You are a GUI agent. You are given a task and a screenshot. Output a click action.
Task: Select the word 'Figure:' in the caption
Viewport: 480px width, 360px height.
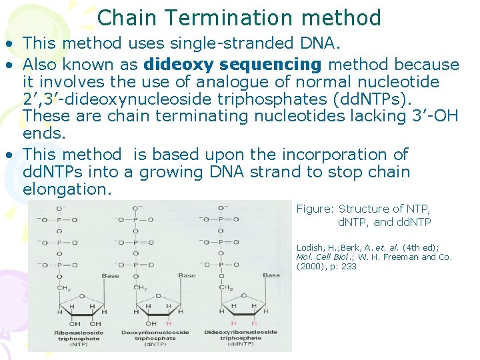click(314, 209)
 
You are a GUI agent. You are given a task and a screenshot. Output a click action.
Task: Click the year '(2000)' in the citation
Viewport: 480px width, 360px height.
click(310, 267)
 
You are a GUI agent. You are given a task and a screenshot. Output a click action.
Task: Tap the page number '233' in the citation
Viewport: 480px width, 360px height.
click(349, 267)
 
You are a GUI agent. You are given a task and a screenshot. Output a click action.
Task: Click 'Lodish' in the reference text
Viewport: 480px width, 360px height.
click(309, 247)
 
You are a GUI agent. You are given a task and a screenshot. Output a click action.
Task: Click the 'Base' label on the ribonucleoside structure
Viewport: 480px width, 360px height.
click(110, 275)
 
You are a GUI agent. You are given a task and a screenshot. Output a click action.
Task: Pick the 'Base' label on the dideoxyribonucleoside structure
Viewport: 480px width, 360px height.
click(271, 275)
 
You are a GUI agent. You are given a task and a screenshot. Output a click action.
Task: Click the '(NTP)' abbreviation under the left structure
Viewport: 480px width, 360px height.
click(79, 344)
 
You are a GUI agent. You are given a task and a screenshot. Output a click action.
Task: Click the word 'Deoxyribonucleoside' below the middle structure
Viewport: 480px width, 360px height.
click(161, 332)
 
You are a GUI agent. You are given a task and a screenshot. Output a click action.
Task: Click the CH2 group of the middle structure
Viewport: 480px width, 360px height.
click(141, 288)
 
